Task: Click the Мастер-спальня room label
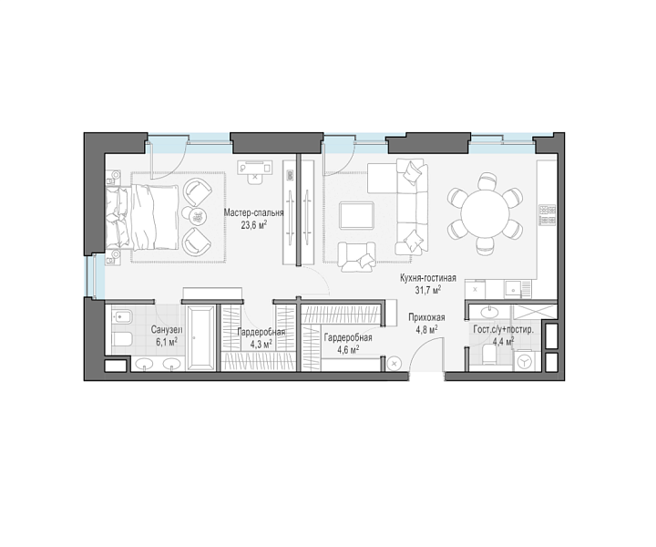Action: [253, 213]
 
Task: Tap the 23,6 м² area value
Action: [254, 225]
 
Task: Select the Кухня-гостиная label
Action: [428, 278]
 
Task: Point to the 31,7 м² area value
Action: [428, 290]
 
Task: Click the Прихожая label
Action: [426, 317]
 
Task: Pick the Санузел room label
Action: [167, 330]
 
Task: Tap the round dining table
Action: [486, 213]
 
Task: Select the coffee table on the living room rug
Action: [356, 215]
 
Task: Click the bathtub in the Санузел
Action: [201, 337]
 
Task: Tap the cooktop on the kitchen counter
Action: [548, 215]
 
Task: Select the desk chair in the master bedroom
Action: [255, 178]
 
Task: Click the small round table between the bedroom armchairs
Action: [197, 217]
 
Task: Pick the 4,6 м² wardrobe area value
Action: [348, 349]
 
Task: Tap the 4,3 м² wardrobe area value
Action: [261, 344]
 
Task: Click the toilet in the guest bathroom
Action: [489, 355]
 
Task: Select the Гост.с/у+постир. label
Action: [503, 330]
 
